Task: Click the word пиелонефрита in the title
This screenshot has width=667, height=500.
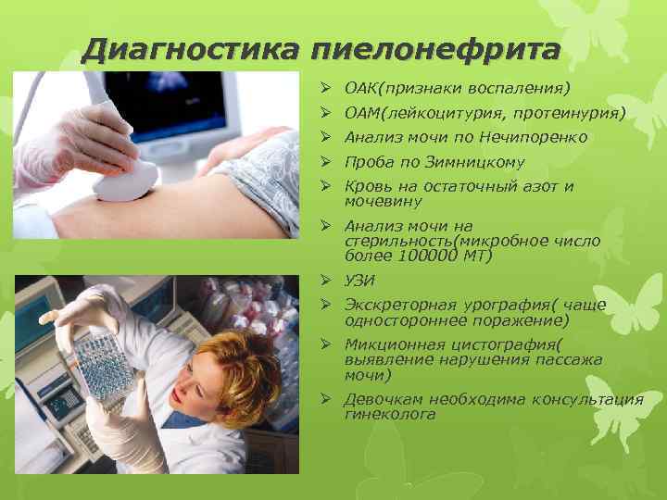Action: point(435,48)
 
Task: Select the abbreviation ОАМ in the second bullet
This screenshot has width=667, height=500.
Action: point(359,114)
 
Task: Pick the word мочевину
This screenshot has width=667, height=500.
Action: point(383,200)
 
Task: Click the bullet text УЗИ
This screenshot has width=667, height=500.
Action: point(359,281)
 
